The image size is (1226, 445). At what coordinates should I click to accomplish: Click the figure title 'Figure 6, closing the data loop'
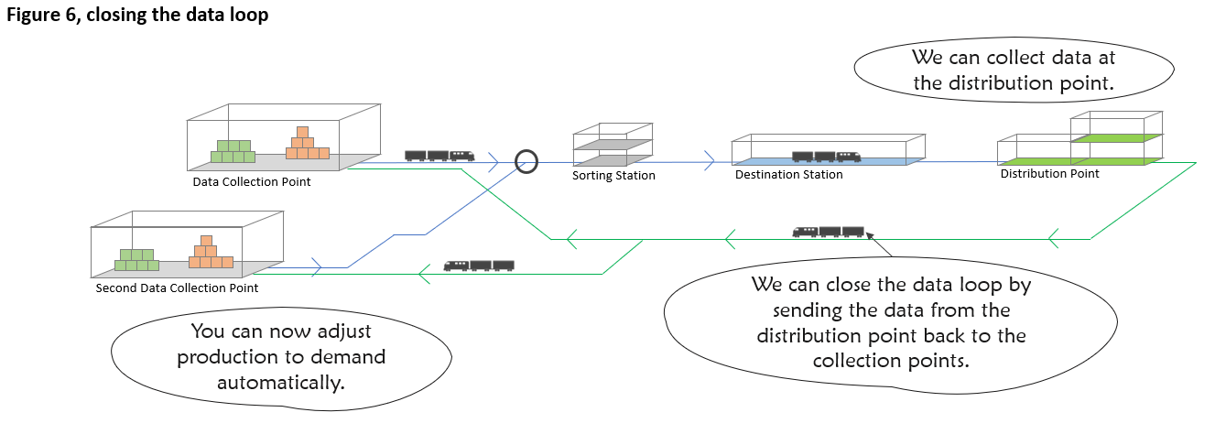click(x=138, y=16)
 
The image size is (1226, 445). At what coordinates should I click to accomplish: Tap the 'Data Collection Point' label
click(x=251, y=181)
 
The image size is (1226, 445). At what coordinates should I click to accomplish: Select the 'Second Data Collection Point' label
click(x=177, y=288)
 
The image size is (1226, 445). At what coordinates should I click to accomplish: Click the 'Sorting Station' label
click(x=613, y=175)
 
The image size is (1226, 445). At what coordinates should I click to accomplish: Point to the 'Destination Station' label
click(x=788, y=174)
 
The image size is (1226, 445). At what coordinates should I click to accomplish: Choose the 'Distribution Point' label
click(x=1049, y=173)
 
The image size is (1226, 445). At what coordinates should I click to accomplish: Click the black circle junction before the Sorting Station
click(x=526, y=162)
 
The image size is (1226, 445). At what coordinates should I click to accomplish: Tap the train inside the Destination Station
click(x=826, y=157)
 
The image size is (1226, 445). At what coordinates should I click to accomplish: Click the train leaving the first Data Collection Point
click(x=439, y=156)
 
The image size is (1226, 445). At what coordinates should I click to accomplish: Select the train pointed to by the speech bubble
click(x=829, y=232)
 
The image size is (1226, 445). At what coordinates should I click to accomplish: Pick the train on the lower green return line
click(x=478, y=266)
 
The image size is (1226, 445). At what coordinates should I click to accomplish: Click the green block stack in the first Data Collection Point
click(x=233, y=151)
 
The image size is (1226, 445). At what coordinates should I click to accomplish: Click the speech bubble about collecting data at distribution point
click(x=1013, y=71)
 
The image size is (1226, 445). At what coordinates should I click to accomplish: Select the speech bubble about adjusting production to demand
click(x=281, y=357)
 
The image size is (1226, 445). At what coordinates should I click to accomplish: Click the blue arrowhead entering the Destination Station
click(x=709, y=162)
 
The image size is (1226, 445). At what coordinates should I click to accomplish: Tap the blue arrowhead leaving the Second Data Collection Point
click(x=317, y=267)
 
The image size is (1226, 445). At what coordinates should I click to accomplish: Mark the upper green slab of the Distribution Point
click(x=1116, y=137)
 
